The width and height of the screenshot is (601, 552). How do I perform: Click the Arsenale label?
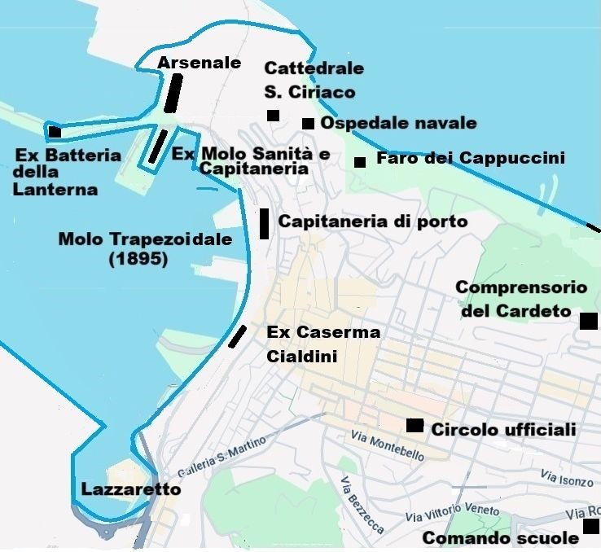coord(200,63)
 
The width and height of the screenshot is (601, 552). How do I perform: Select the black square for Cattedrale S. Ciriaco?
coord(273,116)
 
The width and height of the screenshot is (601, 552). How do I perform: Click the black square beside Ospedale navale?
coord(308,124)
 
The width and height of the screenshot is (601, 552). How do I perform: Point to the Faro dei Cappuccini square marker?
coord(360,162)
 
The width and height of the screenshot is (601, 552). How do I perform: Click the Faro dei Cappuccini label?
coord(470,158)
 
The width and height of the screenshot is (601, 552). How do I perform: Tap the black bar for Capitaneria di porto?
coord(264,223)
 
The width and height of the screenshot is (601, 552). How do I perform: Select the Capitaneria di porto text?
coord(373,221)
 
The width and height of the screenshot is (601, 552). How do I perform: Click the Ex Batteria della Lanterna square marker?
coord(55,132)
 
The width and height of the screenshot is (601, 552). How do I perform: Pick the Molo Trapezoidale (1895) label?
coord(145,249)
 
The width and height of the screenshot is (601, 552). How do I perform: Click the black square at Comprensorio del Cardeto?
coord(588,321)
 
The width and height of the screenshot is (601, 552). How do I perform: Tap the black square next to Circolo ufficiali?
coord(415,425)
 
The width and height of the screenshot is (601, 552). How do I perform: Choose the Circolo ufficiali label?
coord(503,429)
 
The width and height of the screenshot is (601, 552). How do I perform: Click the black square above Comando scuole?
coord(591,527)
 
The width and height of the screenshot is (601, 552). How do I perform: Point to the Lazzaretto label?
coord(130,489)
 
